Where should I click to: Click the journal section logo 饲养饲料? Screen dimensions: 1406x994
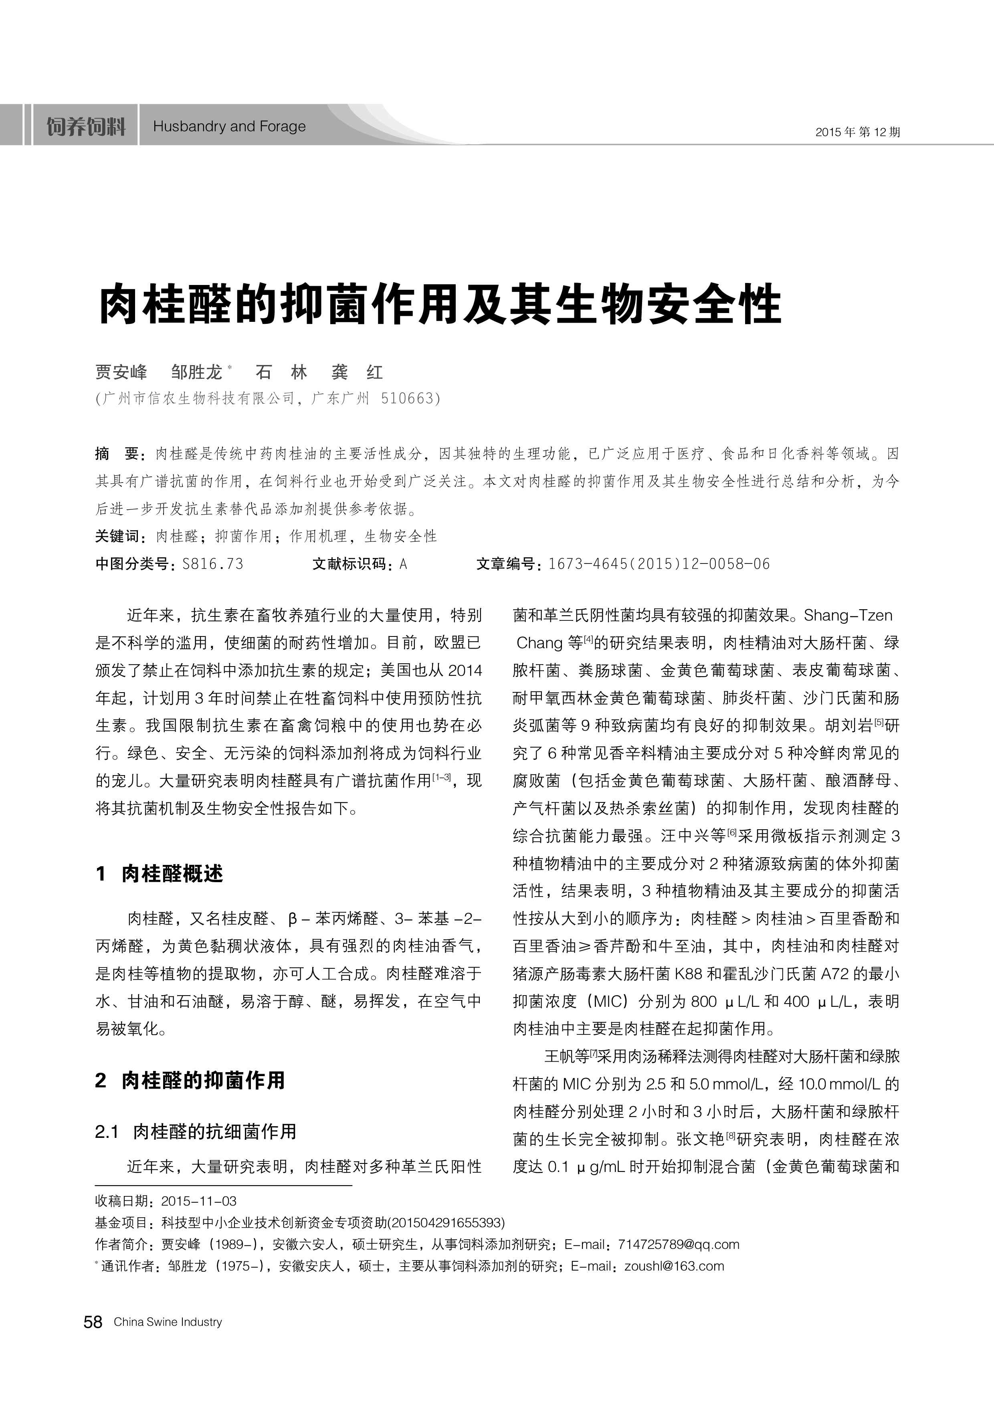(86, 127)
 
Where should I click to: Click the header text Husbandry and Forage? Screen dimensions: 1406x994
(229, 127)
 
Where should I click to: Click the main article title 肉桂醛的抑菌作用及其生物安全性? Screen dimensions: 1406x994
(440, 304)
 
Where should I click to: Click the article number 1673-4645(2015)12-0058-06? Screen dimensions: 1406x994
(659, 564)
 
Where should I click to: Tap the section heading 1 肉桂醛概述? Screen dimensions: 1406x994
(159, 874)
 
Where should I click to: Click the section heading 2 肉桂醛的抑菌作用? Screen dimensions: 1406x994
(190, 1080)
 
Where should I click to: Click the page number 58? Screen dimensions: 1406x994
(93, 1322)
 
